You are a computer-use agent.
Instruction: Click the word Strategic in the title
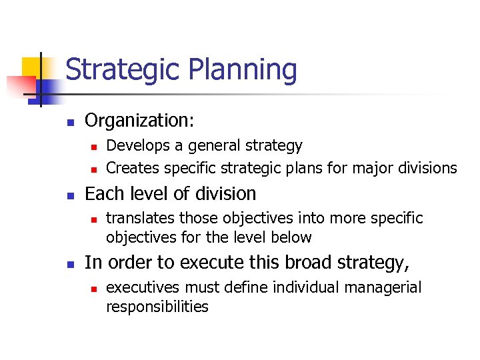click(x=123, y=70)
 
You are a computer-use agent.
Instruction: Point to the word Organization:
click(x=139, y=121)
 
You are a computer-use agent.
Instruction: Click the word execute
click(x=199, y=263)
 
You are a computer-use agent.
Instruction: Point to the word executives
click(x=143, y=288)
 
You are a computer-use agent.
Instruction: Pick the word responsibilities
click(x=157, y=307)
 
